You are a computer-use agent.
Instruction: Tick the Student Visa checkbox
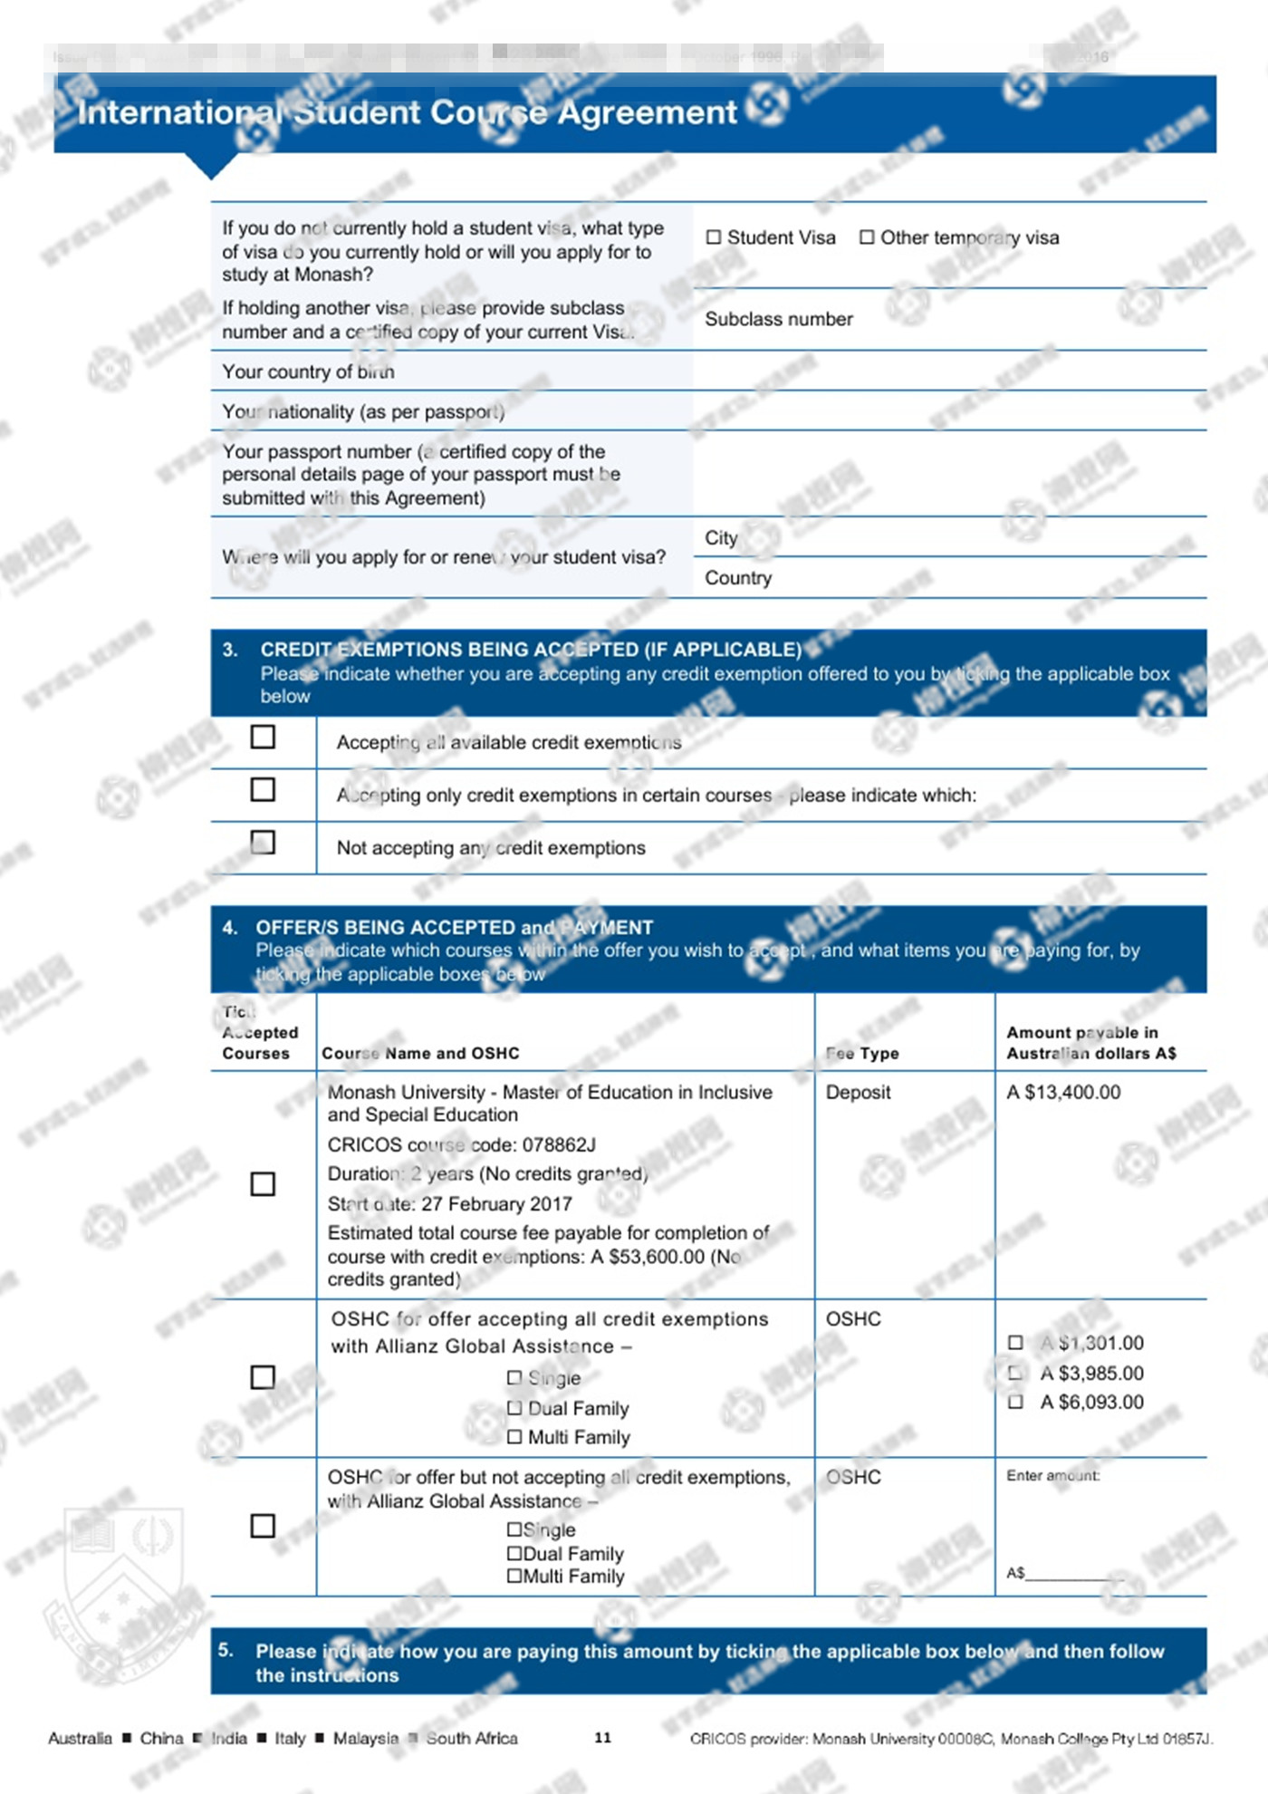[714, 237]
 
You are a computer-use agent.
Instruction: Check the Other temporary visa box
[867, 237]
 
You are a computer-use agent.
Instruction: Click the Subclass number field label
[779, 319]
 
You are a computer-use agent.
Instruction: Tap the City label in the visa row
[721, 538]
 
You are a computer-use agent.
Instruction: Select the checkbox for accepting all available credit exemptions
[263, 737]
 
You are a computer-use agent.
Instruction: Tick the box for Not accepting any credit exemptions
[263, 843]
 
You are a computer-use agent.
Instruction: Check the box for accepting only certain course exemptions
[263, 789]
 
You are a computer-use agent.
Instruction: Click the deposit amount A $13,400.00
[1063, 1093]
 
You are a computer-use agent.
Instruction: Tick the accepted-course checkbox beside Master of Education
[263, 1184]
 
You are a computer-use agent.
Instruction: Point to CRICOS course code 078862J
[462, 1145]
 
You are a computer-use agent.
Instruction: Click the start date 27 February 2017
[496, 1204]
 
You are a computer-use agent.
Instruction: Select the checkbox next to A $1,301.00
[1015, 1343]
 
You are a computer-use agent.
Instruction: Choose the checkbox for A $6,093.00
[1015, 1403]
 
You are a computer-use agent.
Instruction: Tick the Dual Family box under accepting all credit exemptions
[514, 1408]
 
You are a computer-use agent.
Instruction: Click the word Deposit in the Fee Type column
[858, 1093]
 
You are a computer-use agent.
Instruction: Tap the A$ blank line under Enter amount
[1073, 1574]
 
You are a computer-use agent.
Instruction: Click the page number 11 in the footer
[602, 1738]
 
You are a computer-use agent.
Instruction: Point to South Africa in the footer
[471, 1739]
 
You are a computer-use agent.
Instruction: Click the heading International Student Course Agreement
[407, 112]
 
